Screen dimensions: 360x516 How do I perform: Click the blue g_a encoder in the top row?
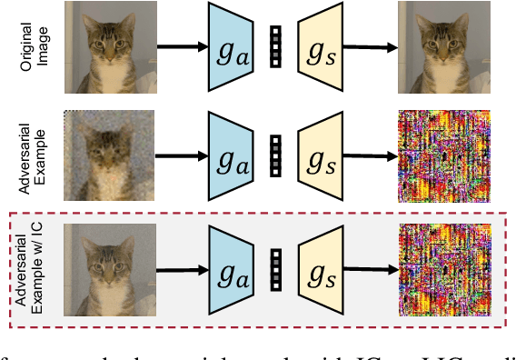231,47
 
